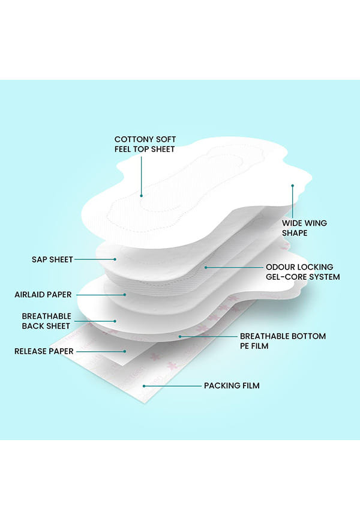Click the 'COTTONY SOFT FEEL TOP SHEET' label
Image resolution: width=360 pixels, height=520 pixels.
[145, 144]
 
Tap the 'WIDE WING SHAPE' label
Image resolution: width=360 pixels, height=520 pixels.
[304, 228]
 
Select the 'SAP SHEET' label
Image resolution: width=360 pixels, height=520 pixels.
[52, 259]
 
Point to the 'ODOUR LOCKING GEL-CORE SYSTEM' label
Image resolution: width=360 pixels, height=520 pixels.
[302, 272]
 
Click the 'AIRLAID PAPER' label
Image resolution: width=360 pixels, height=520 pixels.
[43, 294]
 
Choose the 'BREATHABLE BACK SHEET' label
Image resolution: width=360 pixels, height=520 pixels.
[46, 321]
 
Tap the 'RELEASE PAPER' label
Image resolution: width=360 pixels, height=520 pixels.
[44, 351]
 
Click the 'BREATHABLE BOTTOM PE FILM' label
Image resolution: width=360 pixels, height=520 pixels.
[283, 341]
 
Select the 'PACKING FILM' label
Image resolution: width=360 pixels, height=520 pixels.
[232, 385]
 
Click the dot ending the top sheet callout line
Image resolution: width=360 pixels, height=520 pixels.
[141, 196]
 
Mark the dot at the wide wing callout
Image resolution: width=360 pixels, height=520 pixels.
[292, 186]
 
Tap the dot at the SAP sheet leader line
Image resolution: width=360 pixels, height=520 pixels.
[115, 259]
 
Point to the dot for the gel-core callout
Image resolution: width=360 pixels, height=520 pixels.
[206, 267]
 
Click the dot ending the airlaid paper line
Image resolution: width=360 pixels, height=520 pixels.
[125, 294]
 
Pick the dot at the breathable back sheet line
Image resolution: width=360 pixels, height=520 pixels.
[115, 321]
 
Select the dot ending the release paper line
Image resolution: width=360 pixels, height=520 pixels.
[125, 351]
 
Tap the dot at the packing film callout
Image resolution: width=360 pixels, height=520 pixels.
[144, 386]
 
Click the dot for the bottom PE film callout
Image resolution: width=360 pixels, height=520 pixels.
[180, 337]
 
